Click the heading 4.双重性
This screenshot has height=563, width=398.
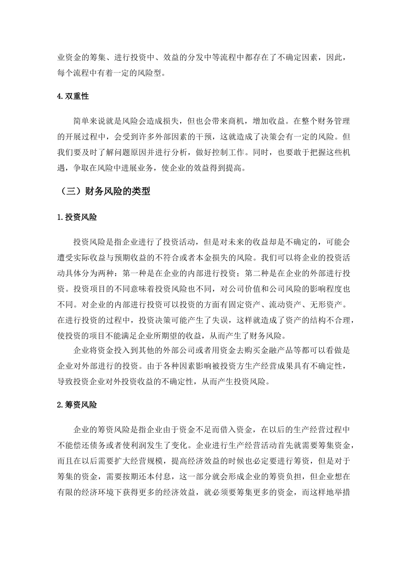[x=73, y=96]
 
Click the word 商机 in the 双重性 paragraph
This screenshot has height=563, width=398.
[x=238, y=121]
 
